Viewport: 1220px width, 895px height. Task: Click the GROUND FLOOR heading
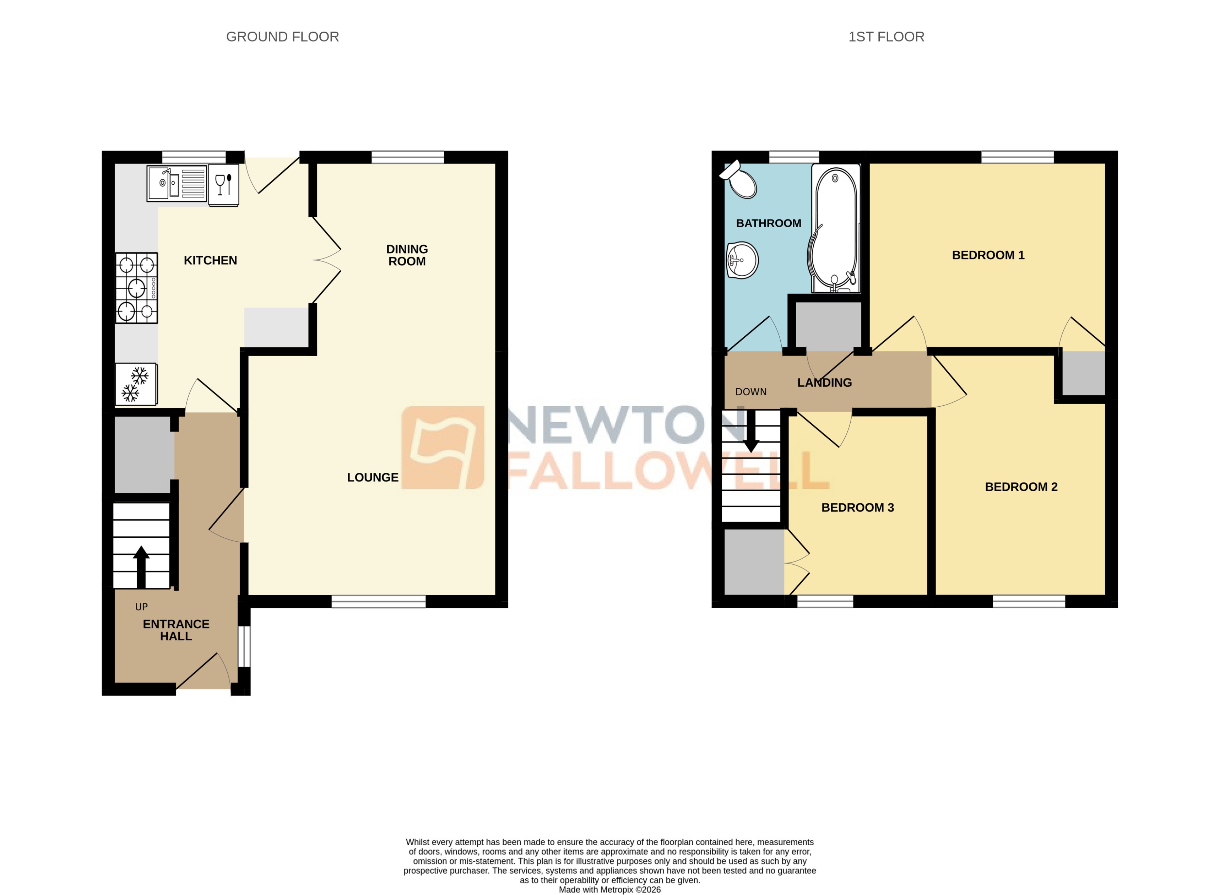coord(282,37)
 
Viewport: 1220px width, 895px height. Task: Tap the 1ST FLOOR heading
coord(886,37)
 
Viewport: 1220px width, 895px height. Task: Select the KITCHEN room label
coord(210,261)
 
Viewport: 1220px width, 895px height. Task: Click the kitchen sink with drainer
coord(177,183)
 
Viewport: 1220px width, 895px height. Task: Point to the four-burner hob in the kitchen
coord(136,288)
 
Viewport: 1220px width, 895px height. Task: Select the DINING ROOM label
coord(407,255)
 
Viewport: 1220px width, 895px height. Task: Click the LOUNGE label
coord(373,477)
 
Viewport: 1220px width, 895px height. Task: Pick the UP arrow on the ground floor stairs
coord(141,566)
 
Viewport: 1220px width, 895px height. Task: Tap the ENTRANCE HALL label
coord(176,630)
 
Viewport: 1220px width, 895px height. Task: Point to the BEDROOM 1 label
coord(988,255)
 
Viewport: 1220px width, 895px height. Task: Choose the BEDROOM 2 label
coord(1021,487)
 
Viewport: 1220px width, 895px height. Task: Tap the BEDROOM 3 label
coord(858,508)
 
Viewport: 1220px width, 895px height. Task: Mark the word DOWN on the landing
coord(751,392)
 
